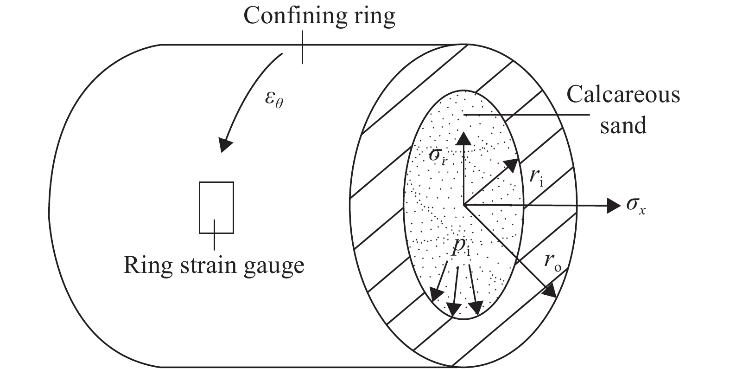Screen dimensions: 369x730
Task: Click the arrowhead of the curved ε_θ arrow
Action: [x=226, y=145]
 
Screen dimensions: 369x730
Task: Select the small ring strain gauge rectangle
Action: [x=216, y=207]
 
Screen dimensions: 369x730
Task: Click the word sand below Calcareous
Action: [x=623, y=125]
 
